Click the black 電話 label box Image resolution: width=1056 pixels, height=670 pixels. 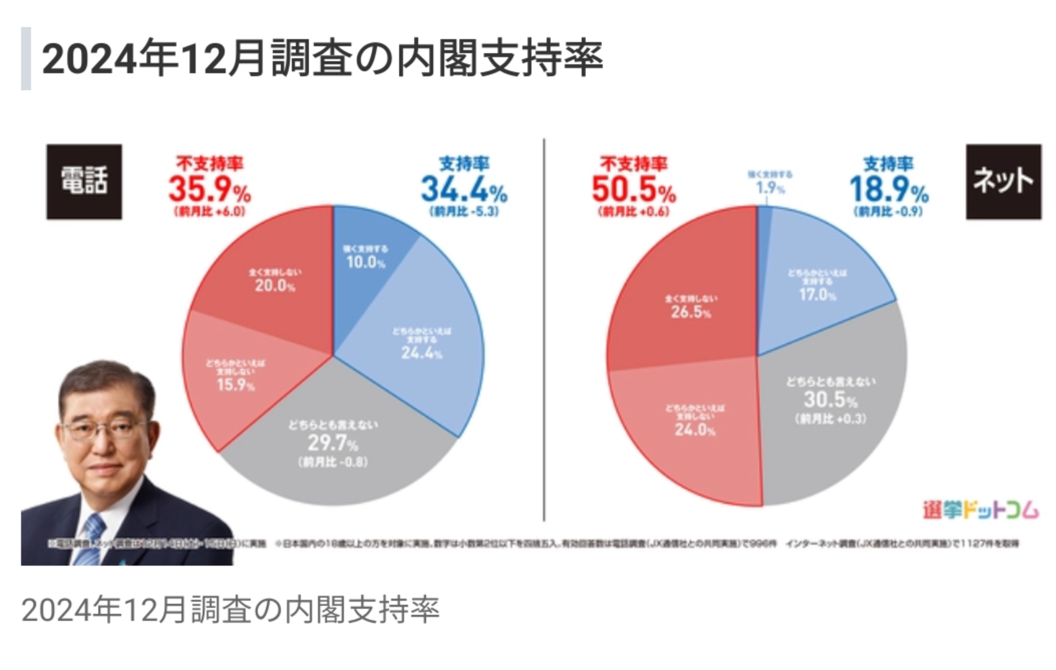(x=84, y=182)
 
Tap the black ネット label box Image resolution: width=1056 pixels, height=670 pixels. (x=1003, y=182)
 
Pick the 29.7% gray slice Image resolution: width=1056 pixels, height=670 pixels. (x=333, y=446)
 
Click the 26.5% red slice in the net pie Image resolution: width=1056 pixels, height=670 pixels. (x=691, y=308)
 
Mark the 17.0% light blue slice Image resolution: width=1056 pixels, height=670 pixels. (x=817, y=286)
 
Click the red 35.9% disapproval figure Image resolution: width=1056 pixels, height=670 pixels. (x=210, y=190)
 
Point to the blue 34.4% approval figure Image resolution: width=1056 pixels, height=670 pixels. (x=464, y=190)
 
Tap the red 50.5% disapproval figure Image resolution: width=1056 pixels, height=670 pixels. (x=634, y=190)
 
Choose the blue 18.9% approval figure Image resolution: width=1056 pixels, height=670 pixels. (x=889, y=190)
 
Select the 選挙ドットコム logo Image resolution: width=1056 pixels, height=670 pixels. (x=980, y=511)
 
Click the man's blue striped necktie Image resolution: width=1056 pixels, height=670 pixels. (x=90, y=539)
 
